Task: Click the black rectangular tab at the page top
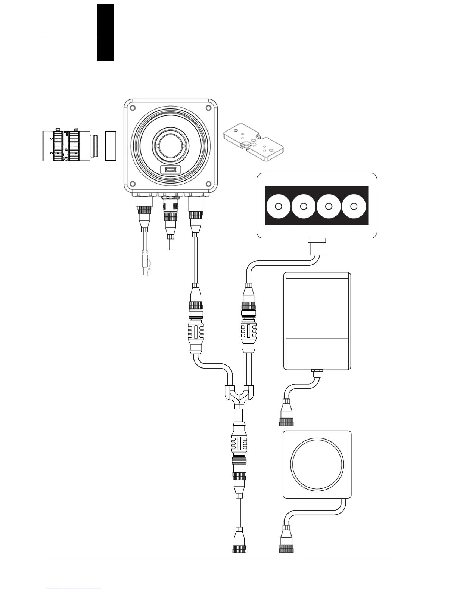[x=105, y=33]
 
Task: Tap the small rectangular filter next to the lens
[x=111, y=146]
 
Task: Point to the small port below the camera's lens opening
[x=171, y=170]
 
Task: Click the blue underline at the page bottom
[x=74, y=589]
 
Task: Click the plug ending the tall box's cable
[x=286, y=414]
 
